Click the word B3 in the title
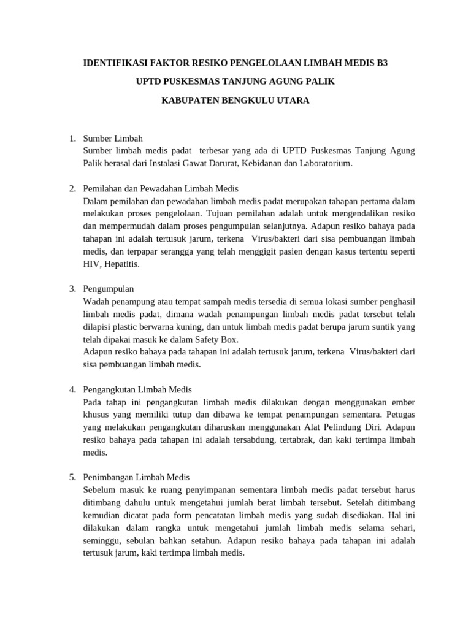click(381, 63)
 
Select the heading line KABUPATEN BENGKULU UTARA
click(235, 100)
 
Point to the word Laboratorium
click(324, 163)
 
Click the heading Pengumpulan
click(109, 289)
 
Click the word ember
click(403, 402)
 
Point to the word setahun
click(205, 540)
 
